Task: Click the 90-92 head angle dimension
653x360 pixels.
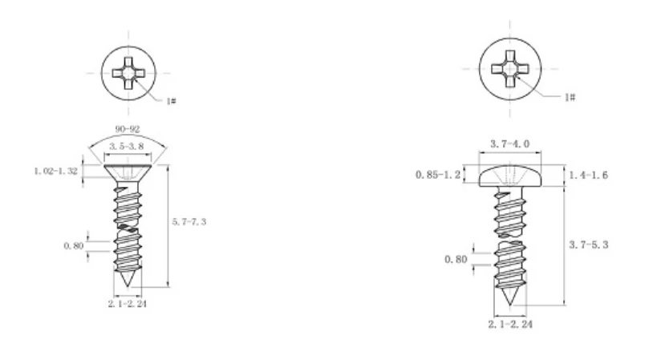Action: click(x=128, y=129)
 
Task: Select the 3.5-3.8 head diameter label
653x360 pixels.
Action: click(x=127, y=147)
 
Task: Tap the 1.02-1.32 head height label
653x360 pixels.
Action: click(x=56, y=171)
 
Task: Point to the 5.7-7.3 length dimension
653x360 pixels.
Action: click(x=189, y=222)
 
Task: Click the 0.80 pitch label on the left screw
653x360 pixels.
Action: click(x=74, y=246)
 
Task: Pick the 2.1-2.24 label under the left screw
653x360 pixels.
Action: click(x=128, y=304)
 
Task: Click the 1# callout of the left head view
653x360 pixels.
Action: click(x=171, y=101)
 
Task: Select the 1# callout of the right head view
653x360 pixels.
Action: click(x=570, y=97)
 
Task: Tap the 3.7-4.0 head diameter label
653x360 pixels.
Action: click(x=509, y=144)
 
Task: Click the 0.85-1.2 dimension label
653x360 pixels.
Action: click(x=438, y=175)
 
